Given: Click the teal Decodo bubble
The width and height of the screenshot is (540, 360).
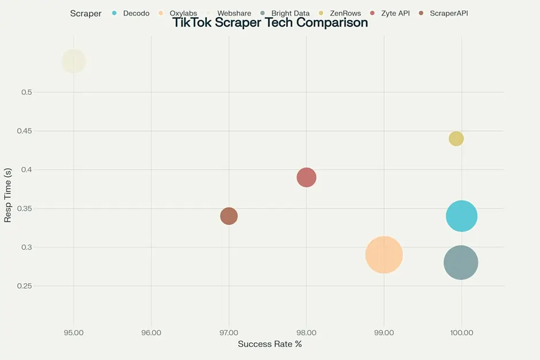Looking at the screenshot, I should (461, 216).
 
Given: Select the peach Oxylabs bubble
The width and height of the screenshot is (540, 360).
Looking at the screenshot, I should (384, 254).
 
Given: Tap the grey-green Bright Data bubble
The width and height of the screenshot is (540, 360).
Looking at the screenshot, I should (461, 262).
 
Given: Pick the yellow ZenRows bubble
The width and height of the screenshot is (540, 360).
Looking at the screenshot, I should (456, 138).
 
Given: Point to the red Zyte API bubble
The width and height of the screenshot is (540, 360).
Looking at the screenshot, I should (307, 177).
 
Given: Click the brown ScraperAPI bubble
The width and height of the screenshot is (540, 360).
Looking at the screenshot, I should (229, 216).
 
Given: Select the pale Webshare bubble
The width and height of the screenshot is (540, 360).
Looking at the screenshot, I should (74, 61).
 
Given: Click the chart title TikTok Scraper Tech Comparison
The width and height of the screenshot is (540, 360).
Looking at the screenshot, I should (269, 24).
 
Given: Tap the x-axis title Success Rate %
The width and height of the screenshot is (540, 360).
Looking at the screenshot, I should (269, 344).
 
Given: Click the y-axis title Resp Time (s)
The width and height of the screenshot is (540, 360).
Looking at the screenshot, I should (8, 195).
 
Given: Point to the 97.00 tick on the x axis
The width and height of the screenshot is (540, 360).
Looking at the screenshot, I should (229, 332).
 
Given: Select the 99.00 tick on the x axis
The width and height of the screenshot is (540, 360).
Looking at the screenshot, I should (384, 332).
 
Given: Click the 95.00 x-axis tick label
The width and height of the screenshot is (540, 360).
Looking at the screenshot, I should (74, 332).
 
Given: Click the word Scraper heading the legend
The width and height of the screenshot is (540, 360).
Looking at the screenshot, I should (86, 13).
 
